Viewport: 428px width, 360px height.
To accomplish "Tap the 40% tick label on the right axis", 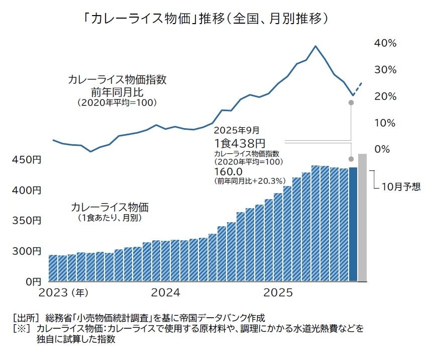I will point(385,43).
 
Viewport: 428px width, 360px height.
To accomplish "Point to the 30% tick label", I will point(385,70).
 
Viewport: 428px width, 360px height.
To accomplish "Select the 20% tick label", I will point(385,97).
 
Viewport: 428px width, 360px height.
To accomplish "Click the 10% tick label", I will point(385,123).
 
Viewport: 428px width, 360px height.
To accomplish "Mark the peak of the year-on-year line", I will point(315,46).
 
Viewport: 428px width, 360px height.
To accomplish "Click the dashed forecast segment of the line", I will point(357,88).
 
